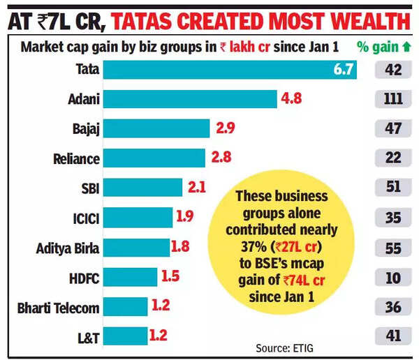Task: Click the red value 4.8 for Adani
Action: pyautogui.click(x=291, y=99)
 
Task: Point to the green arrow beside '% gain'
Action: pyautogui.click(x=407, y=48)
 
